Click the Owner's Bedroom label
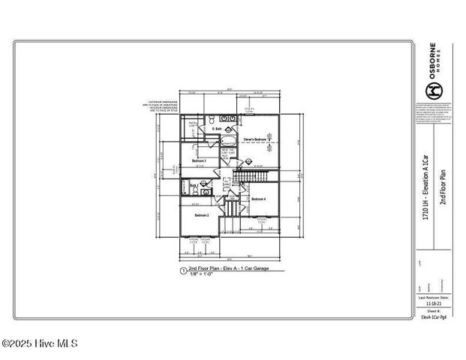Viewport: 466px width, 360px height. pos(256,139)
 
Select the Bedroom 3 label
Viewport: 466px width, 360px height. pos(199,160)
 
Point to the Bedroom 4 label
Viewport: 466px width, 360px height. pos(259,199)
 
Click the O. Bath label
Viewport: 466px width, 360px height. pos(217,129)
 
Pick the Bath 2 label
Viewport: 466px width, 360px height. pos(194,184)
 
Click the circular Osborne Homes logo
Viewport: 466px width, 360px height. pos(433,91)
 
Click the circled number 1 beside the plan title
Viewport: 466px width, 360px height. pos(182,270)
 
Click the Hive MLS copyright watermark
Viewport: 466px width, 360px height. pos(39,344)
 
